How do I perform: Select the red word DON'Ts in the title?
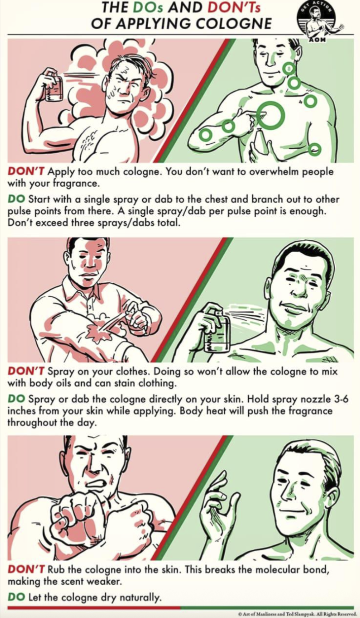click(x=233, y=8)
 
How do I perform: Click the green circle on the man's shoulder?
click(x=310, y=101)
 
